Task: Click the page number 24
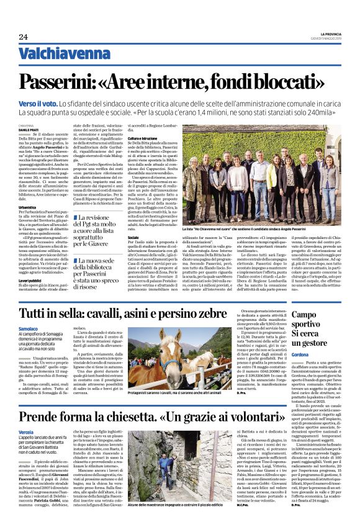[24, 37]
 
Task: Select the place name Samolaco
[29, 328]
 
